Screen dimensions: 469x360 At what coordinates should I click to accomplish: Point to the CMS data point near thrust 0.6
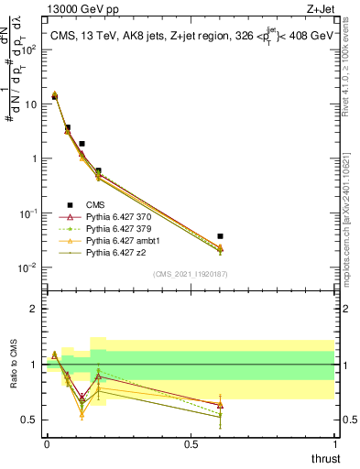pyautogui.click(x=220, y=236)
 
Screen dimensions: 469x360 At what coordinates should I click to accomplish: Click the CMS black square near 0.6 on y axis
pyautogui.click(x=98, y=170)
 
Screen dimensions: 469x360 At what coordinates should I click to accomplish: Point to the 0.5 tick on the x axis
pyautogui.click(x=191, y=442)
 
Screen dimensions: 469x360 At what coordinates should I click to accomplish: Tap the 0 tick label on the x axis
pyautogui.click(x=47, y=442)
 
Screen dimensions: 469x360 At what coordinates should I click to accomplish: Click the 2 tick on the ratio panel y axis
pyautogui.click(x=36, y=309)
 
